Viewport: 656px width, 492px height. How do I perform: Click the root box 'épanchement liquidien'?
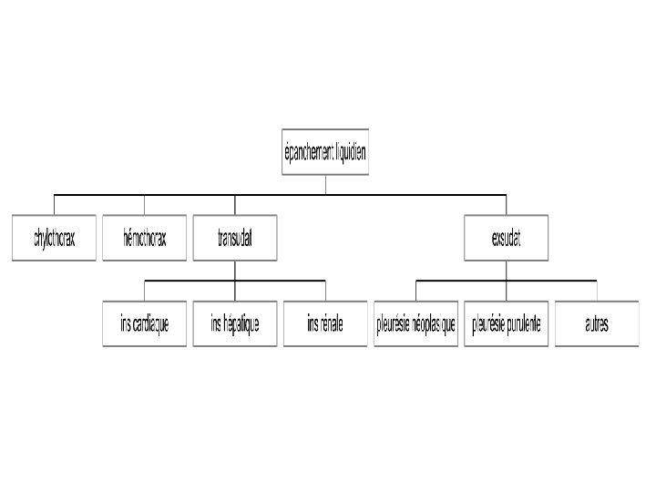(325, 152)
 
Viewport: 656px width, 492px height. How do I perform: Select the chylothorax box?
(54, 238)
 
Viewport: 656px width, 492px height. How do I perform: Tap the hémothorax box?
(144, 238)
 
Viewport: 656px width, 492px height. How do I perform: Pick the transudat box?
(235, 238)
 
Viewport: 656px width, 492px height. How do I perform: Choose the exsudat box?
(506, 238)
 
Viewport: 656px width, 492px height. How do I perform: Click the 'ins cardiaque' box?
(144, 323)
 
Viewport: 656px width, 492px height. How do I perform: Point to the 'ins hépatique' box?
(235, 323)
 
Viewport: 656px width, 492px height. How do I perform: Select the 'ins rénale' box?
(325, 323)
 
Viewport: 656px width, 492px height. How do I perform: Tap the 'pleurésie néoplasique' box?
(415, 323)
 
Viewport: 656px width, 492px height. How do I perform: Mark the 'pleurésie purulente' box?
(506, 323)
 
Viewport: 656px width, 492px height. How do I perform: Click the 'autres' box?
(597, 323)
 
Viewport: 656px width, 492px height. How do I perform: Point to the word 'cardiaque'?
(152, 323)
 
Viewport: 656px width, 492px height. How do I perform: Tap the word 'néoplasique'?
(434, 323)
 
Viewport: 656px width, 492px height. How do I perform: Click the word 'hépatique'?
(242, 323)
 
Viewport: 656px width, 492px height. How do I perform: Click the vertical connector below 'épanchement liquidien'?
(325, 185)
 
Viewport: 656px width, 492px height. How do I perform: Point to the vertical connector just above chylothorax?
(54, 205)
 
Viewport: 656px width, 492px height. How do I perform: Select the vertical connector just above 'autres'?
(597, 291)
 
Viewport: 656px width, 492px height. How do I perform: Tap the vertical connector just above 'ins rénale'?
(325, 291)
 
